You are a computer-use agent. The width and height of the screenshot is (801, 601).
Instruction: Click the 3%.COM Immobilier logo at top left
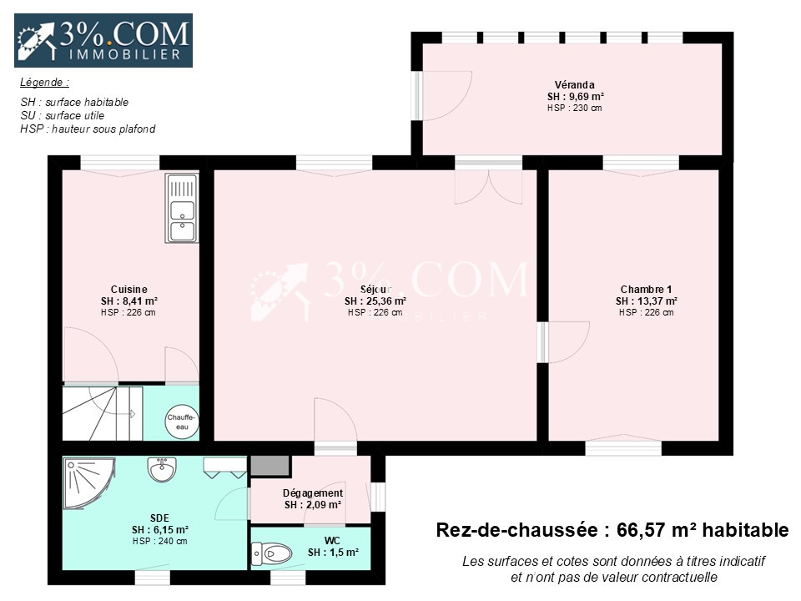click(103, 40)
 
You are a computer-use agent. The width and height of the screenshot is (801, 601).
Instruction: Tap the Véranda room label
click(574, 85)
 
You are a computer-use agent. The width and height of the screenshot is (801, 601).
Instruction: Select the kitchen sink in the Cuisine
click(182, 208)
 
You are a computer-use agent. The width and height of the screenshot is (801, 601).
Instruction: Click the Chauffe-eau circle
click(182, 422)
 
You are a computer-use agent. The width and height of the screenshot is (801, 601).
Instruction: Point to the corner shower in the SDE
click(88, 483)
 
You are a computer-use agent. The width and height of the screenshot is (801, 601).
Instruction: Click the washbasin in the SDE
click(162, 469)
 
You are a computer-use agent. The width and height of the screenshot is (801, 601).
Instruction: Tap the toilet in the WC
click(271, 553)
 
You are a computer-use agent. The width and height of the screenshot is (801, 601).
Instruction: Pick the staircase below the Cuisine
click(102, 413)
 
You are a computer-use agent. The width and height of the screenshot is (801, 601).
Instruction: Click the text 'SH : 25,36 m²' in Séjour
click(375, 301)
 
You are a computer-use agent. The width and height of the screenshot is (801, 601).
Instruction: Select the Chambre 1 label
click(646, 290)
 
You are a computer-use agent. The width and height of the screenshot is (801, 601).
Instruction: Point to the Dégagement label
click(313, 493)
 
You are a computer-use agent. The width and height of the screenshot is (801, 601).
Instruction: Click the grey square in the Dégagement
click(270, 466)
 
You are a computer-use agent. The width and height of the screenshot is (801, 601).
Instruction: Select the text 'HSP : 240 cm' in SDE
click(160, 541)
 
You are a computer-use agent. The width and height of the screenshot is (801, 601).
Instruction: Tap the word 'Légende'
click(43, 83)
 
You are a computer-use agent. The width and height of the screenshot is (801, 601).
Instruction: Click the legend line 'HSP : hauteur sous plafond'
click(88, 129)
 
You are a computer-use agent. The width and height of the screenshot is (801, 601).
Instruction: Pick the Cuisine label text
click(128, 290)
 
